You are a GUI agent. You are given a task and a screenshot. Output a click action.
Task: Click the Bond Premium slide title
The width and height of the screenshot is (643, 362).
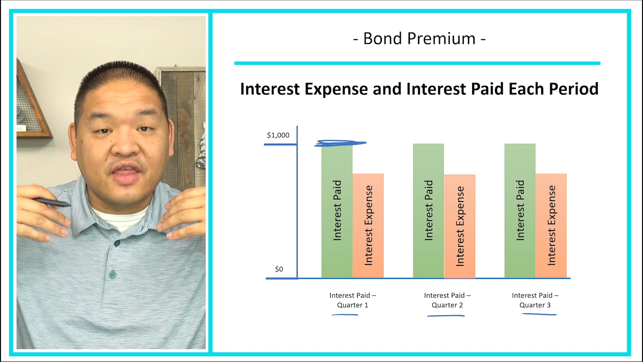(419, 39)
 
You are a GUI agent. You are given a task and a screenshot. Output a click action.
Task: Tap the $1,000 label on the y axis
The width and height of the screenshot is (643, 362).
(278, 135)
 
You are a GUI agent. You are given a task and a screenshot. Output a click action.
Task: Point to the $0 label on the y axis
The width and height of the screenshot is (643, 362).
(279, 269)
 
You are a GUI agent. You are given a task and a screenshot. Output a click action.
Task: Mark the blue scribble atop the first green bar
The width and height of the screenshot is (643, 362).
(340, 143)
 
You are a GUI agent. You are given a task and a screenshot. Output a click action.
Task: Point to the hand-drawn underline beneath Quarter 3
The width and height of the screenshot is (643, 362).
(539, 314)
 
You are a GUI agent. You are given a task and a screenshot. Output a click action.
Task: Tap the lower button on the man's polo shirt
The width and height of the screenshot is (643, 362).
(113, 275)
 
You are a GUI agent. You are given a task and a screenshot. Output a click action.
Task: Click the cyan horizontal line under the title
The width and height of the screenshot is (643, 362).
(417, 63)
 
